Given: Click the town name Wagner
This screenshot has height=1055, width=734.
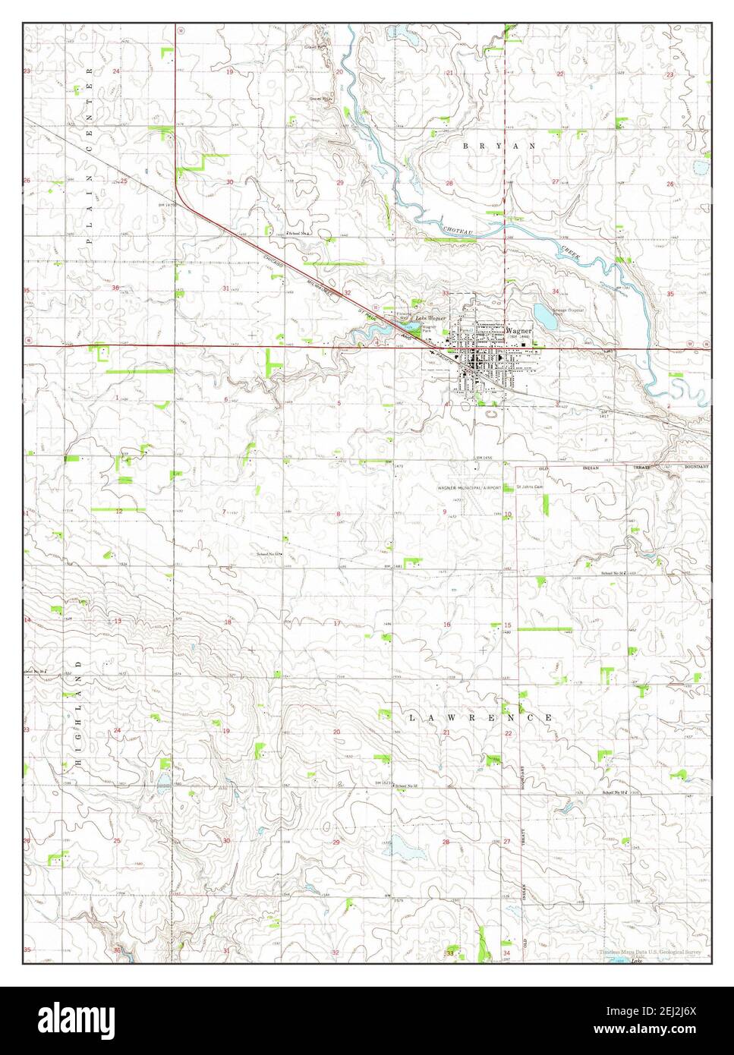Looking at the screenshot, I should (x=520, y=331).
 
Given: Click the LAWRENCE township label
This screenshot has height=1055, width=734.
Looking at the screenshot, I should (x=480, y=717).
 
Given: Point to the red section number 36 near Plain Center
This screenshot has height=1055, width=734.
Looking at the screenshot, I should (x=115, y=288).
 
